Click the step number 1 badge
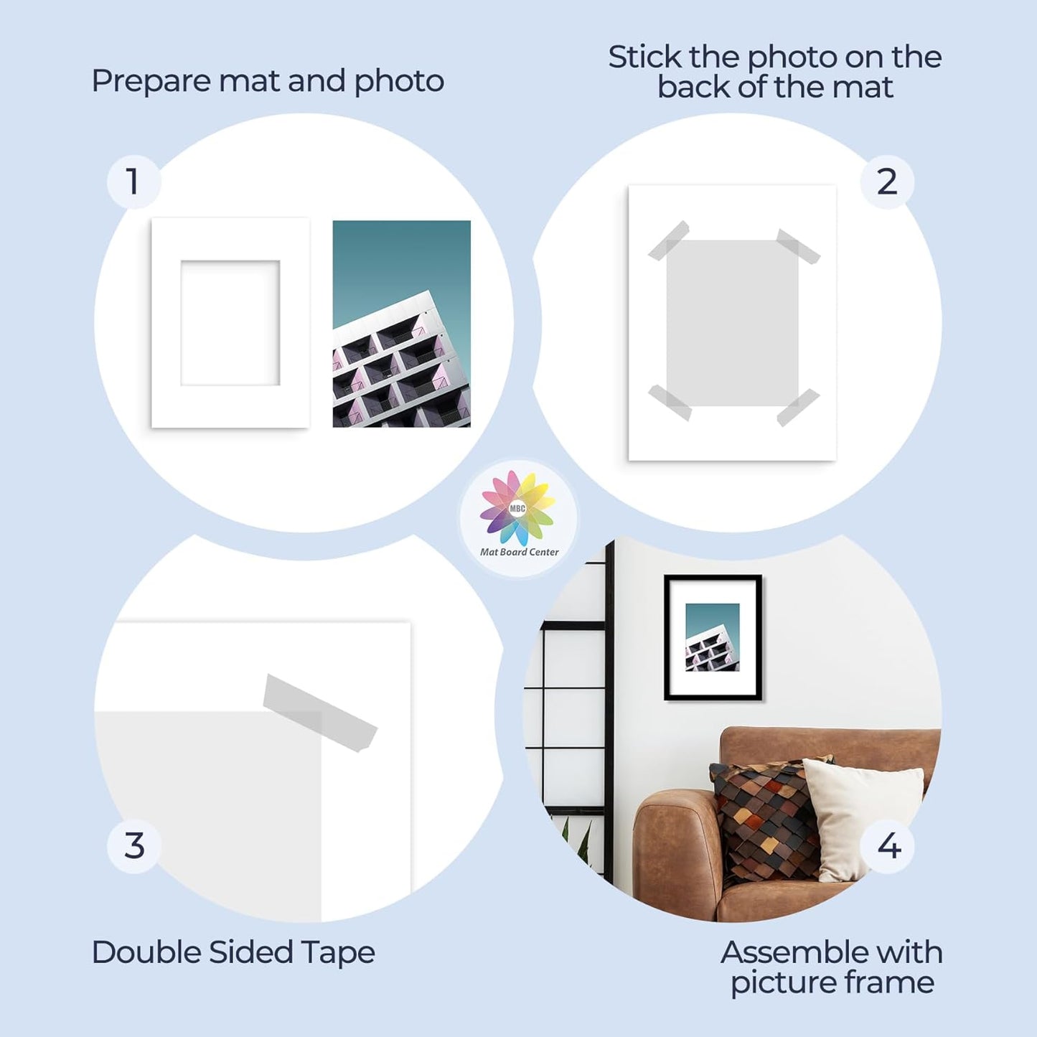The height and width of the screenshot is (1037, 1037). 133,182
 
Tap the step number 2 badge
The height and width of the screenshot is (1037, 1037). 887,182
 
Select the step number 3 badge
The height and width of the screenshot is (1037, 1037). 134,846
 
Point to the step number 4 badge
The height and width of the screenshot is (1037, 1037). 888,846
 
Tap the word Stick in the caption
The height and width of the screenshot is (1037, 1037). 644,57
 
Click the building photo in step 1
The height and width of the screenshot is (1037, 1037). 401,324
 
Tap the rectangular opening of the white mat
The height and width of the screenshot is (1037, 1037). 230,323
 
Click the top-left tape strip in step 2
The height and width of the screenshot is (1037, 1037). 669,240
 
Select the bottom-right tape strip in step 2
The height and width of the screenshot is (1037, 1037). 798,407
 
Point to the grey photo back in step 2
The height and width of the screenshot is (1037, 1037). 732,323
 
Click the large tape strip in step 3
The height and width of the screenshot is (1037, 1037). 320,713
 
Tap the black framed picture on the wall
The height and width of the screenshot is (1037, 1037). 713,637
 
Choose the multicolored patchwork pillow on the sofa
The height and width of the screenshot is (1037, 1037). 764,818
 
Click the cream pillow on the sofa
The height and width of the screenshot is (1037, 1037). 861,811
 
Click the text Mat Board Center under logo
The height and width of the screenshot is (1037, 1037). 519,552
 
